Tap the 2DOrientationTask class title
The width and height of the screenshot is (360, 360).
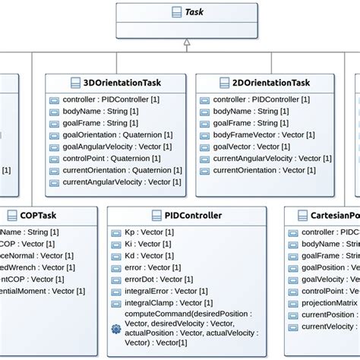(270, 82)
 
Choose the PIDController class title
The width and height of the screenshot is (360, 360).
(187, 215)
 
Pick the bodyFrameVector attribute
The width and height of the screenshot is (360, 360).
(262, 134)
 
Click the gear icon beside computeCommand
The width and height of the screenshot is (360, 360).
(115, 329)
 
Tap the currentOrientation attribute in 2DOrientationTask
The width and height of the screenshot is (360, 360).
(258, 170)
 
